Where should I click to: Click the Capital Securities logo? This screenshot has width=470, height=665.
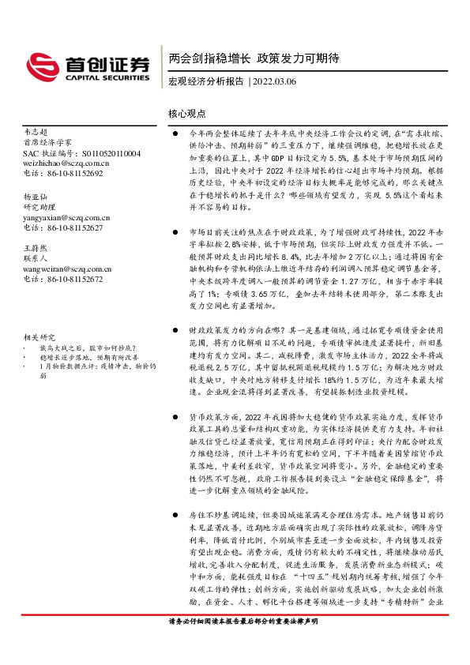pos(88,66)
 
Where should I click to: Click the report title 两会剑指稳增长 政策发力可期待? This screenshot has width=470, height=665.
pos(254,58)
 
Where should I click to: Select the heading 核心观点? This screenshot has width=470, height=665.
pos(187,114)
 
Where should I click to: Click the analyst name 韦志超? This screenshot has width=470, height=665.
pos(36,133)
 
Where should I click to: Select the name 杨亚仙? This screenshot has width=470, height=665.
pos(36,196)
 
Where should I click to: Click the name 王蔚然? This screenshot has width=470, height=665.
pos(36,248)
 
